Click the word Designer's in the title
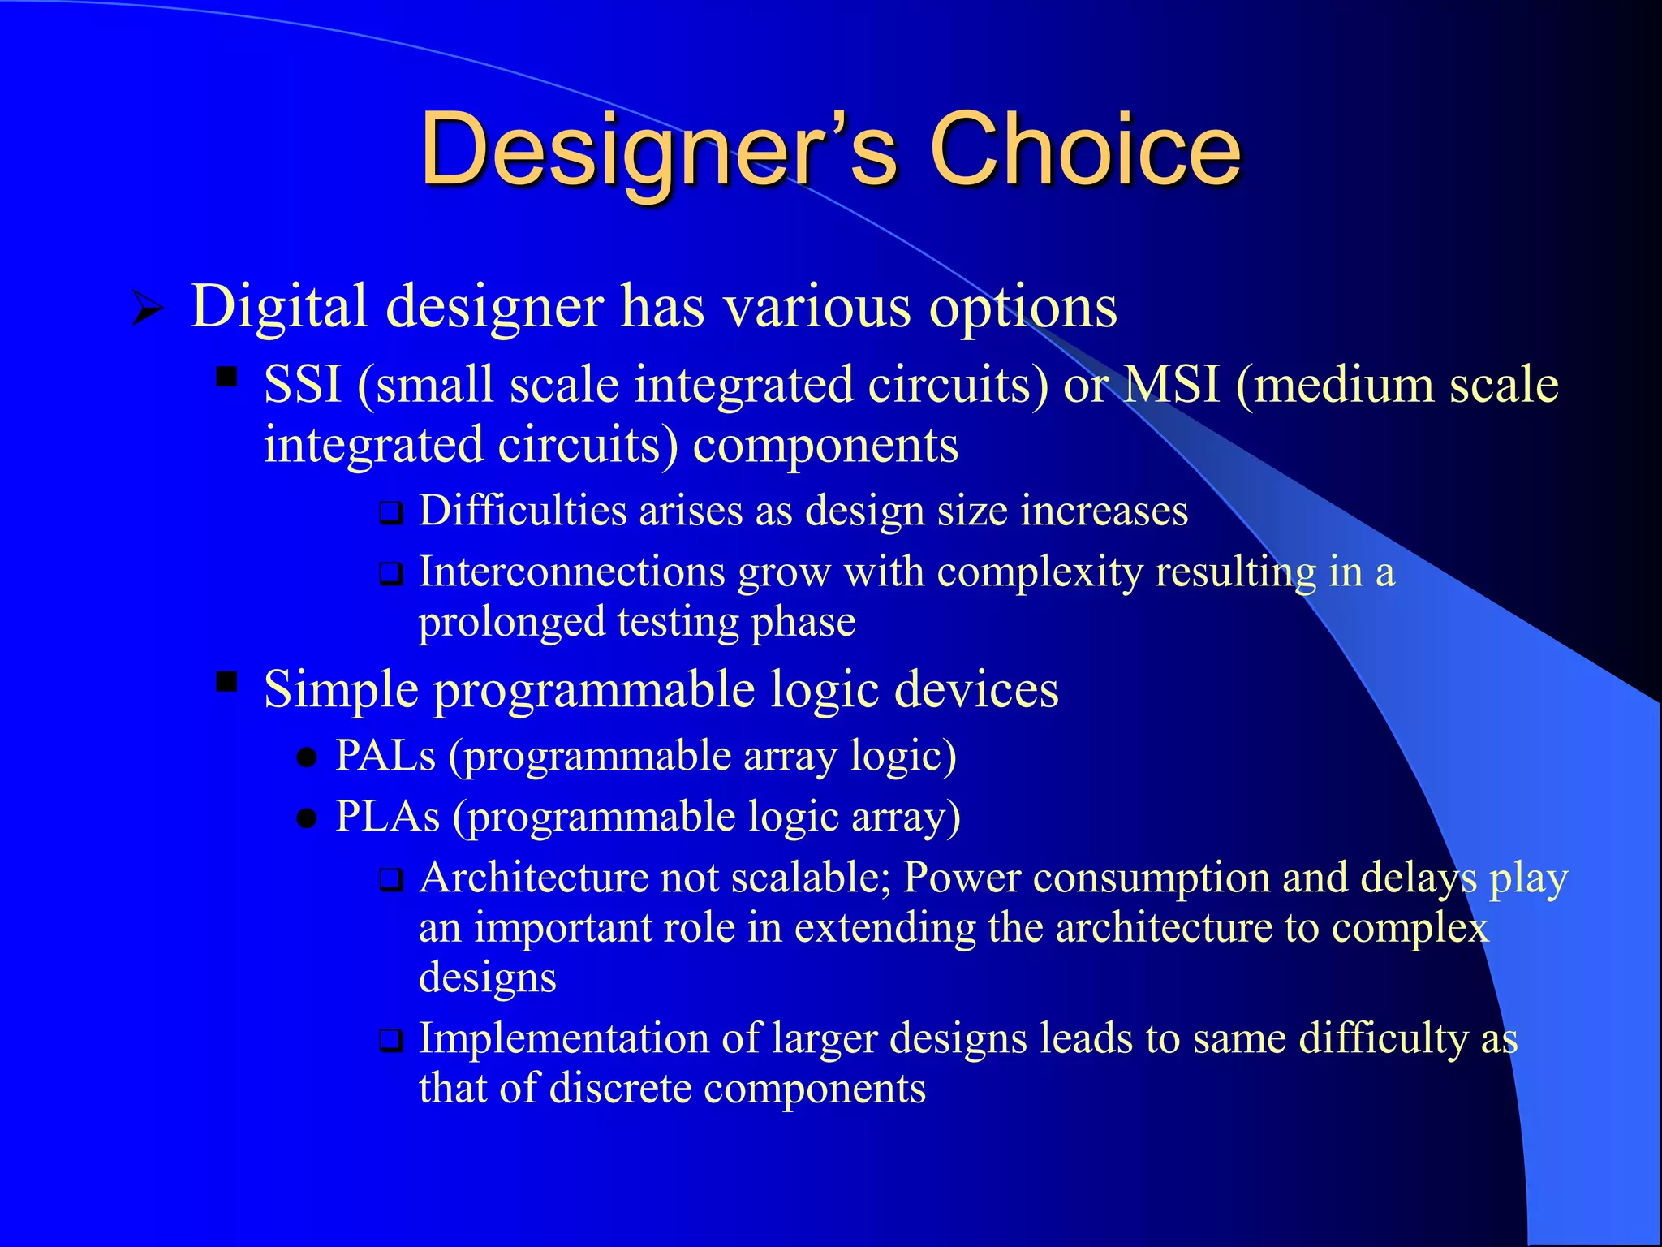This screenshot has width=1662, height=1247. click(x=657, y=150)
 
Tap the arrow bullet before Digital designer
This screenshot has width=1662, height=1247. click(x=148, y=309)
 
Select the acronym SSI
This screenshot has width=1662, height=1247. click(x=302, y=384)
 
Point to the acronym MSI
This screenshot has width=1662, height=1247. click(x=1171, y=384)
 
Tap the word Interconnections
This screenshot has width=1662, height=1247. click(x=571, y=572)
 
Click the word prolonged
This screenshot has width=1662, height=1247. click(x=511, y=623)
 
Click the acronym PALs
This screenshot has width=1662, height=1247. click(x=385, y=756)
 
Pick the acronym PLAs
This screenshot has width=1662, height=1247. click(x=387, y=817)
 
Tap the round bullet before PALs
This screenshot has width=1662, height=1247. click(x=307, y=759)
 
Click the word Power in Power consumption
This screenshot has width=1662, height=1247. click(x=961, y=878)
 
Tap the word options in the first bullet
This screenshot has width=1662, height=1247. click(x=1023, y=309)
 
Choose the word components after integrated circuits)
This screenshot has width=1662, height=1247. click(x=825, y=447)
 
